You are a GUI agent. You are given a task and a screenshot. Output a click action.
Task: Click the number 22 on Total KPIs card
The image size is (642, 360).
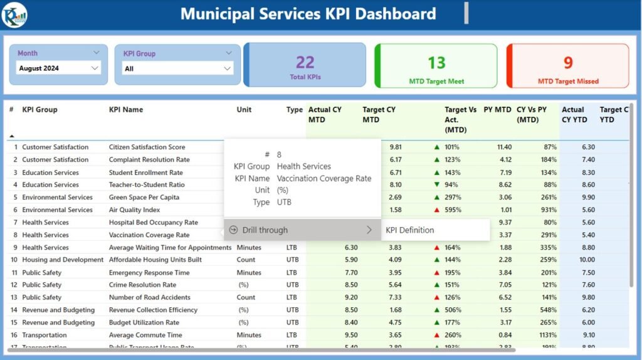click(x=305, y=62)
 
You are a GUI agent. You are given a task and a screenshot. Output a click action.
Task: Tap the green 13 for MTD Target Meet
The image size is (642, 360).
click(x=436, y=63)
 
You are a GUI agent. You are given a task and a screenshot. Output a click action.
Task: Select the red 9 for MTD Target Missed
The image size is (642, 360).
click(x=568, y=63)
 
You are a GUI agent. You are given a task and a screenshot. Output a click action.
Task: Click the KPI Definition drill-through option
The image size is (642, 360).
click(x=409, y=230)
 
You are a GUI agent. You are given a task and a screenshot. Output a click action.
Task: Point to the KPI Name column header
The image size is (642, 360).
click(x=126, y=110)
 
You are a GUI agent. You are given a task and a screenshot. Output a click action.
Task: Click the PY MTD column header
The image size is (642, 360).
click(x=497, y=110)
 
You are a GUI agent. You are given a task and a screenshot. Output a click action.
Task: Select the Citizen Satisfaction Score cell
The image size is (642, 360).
click(x=147, y=147)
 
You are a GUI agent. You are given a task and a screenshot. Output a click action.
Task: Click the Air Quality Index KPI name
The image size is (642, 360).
click(x=134, y=210)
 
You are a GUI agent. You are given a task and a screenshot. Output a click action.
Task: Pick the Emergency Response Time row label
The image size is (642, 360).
click(x=149, y=273)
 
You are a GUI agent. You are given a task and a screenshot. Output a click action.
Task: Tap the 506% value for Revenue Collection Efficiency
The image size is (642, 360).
click(x=453, y=310)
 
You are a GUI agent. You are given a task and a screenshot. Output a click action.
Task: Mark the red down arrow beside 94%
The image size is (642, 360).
click(x=436, y=185)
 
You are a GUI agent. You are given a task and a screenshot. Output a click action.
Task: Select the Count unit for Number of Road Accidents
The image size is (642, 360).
click(x=246, y=297)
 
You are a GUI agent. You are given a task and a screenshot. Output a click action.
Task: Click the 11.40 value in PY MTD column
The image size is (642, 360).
click(x=504, y=147)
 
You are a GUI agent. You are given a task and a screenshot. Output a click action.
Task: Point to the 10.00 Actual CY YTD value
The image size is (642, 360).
click(x=587, y=260)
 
